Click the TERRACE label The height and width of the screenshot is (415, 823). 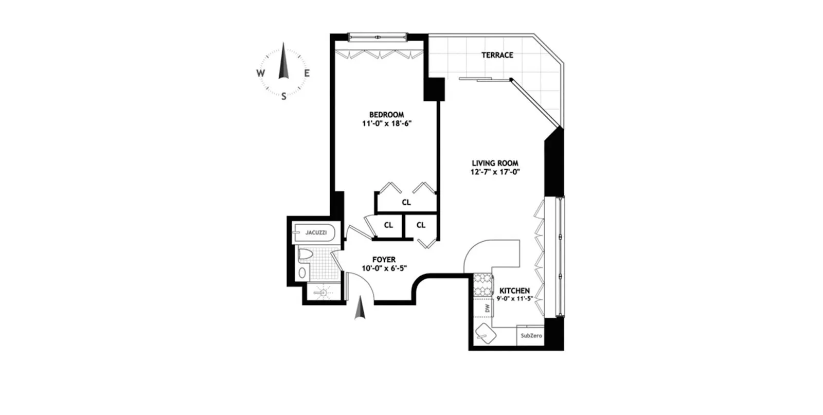(x=497, y=55)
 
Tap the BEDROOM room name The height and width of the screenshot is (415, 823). (x=386, y=115)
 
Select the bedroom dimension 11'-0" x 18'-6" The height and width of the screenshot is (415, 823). (x=387, y=124)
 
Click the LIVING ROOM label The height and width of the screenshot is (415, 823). (x=495, y=164)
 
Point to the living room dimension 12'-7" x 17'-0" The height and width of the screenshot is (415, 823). (x=495, y=172)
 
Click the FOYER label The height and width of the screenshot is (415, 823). (x=384, y=260)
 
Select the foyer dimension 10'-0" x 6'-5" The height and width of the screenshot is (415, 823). (x=384, y=268)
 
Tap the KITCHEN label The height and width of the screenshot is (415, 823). (x=514, y=291)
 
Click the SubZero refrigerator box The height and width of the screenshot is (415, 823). (x=531, y=336)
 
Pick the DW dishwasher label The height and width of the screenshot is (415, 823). (x=487, y=309)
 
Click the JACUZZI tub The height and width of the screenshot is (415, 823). (x=315, y=233)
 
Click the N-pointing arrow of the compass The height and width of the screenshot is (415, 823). (x=283, y=62)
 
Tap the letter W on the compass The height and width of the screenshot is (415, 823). (x=260, y=74)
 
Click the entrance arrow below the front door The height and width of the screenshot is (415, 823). (x=360, y=310)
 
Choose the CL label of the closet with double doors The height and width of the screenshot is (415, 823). (x=406, y=203)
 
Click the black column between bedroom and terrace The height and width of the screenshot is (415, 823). (x=434, y=89)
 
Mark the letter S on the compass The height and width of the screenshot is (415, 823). (x=283, y=96)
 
